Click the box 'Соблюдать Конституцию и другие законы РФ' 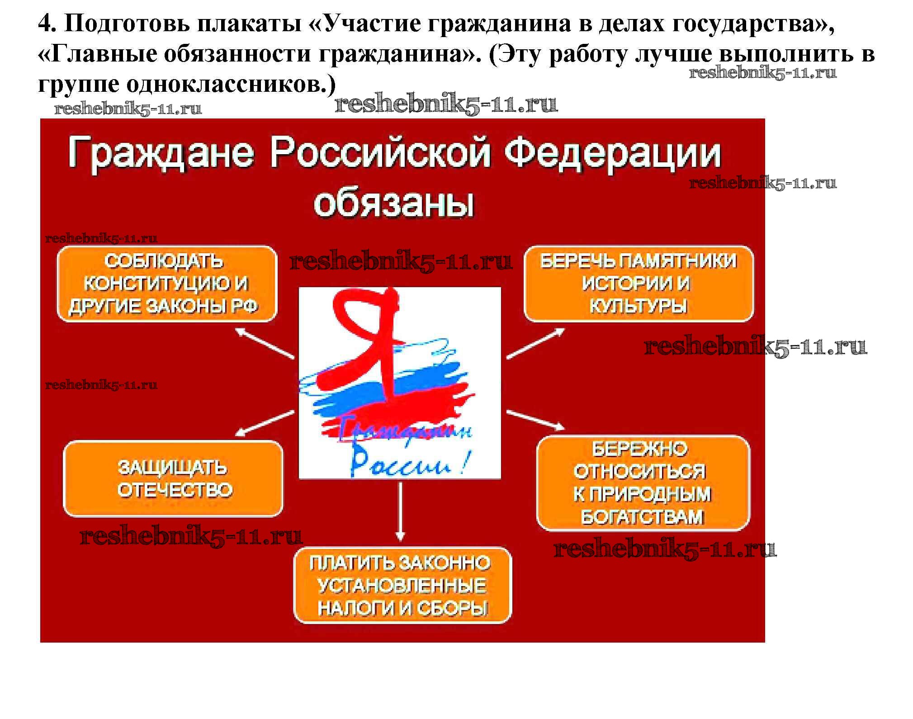167,284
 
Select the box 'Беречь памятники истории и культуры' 639,284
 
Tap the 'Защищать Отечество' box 173,479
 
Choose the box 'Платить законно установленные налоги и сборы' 402,586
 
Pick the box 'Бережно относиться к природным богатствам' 643,483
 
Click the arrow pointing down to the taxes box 400,511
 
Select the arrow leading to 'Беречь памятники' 535,343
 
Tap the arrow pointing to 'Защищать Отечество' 265,423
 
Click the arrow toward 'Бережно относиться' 535,420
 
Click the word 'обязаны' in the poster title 393,203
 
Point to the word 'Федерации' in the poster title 613,153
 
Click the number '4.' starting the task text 47,24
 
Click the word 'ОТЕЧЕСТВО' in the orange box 175,490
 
